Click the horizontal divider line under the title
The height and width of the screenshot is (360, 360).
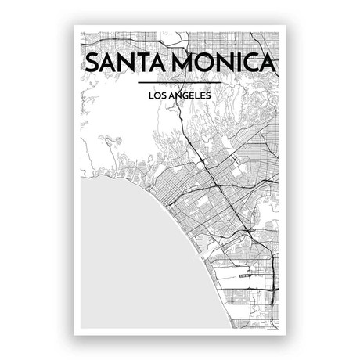click(x=179, y=83)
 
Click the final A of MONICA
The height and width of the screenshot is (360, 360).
click(x=271, y=63)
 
